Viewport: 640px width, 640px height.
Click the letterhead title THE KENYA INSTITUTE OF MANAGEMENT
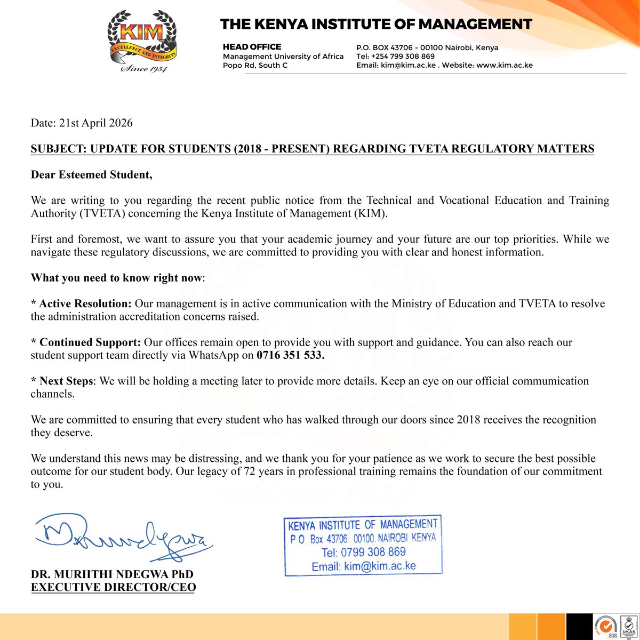point(376,24)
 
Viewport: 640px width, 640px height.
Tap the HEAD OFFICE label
point(252,47)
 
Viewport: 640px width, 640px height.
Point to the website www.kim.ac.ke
point(505,65)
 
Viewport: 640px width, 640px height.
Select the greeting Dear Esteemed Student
point(91,175)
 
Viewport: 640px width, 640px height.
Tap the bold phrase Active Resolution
point(85,304)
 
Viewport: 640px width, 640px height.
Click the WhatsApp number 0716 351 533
point(290,355)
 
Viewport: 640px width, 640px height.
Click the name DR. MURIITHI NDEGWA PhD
point(112,575)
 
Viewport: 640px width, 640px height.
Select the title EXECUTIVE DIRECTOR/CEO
point(113,588)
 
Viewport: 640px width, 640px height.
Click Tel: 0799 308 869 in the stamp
point(364,552)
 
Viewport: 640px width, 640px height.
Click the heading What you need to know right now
point(117,278)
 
